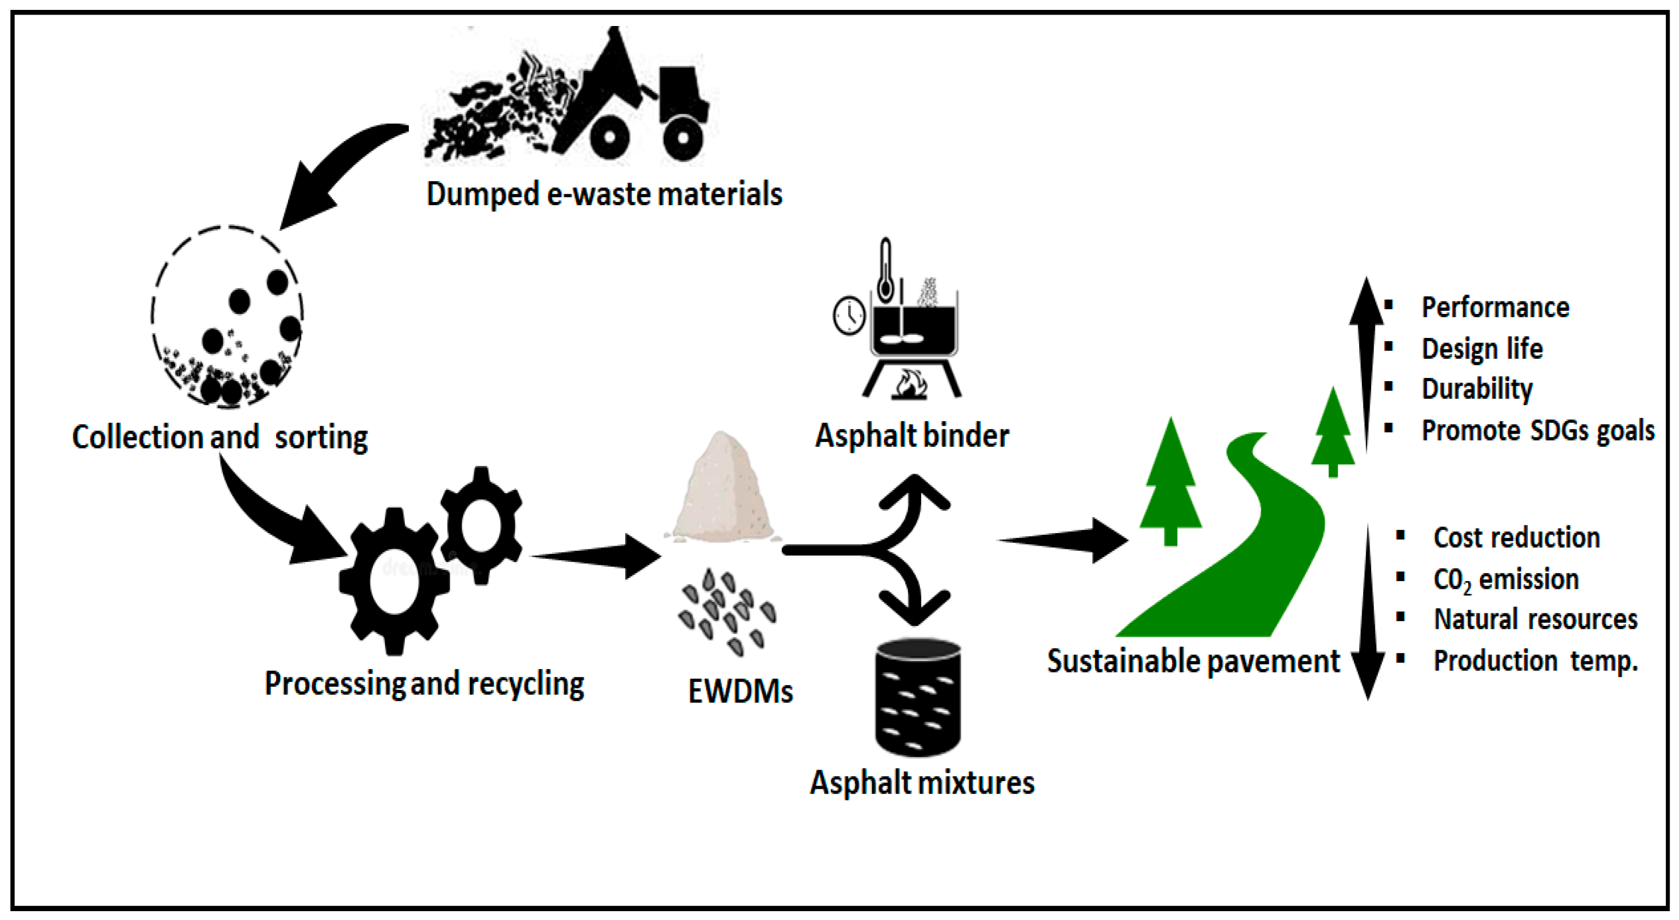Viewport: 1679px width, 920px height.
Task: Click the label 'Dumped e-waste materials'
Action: [x=604, y=194]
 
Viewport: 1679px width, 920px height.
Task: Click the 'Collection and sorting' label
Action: [x=220, y=437]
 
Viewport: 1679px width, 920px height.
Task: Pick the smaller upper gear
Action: [x=481, y=525]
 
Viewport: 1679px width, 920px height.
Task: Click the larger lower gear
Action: [x=394, y=581]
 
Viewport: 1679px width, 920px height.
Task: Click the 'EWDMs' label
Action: [x=740, y=692]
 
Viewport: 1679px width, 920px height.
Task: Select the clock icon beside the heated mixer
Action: [x=849, y=317]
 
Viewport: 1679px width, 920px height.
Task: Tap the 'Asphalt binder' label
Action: [x=912, y=436]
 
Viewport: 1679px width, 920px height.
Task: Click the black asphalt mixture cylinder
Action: [x=917, y=697]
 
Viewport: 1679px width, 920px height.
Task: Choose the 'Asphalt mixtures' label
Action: [x=922, y=783]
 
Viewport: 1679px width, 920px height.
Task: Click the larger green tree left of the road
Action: [x=1170, y=482]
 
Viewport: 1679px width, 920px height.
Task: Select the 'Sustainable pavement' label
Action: [x=1193, y=661]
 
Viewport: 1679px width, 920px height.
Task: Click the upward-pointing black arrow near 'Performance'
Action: [x=1366, y=358]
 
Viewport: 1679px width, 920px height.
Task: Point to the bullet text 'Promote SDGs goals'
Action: [x=1537, y=431]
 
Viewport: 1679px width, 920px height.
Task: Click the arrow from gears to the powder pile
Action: [x=596, y=556]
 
